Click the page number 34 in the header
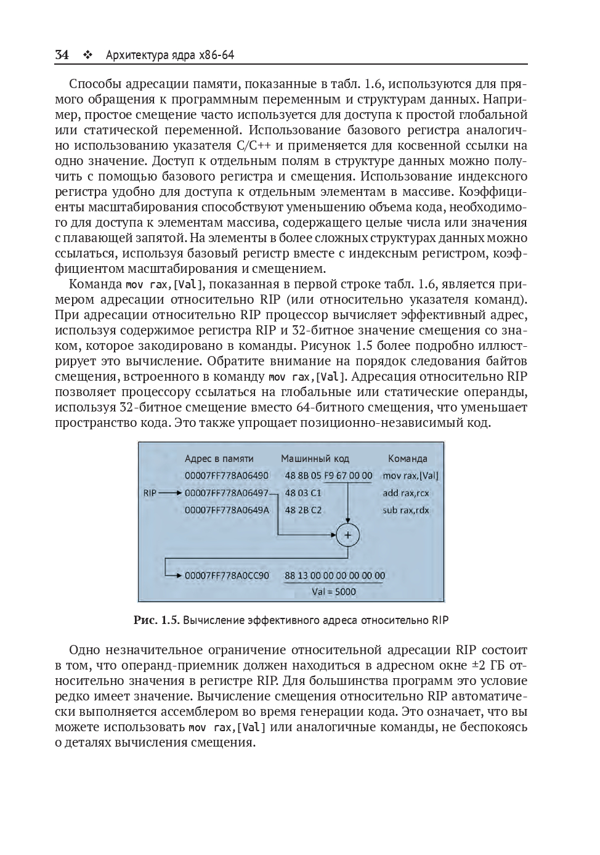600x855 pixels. click(62, 55)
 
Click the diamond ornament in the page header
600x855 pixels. click(87, 55)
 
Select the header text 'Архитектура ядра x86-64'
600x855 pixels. click(170, 55)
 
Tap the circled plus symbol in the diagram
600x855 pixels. click(347, 535)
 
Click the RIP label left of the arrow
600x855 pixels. click(150, 493)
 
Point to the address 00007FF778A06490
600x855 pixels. click(227, 476)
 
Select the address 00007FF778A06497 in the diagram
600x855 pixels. click(227, 493)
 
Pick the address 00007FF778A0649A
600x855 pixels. click(227, 510)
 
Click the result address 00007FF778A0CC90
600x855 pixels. click(227, 576)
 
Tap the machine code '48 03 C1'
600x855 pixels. click(303, 493)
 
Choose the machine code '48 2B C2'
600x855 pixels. click(303, 510)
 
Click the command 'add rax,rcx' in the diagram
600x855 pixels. click(406, 493)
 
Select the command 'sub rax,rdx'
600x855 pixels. click(406, 510)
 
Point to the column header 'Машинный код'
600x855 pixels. click(315, 458)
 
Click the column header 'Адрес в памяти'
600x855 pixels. click(219, 458)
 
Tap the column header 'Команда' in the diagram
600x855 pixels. click(407, 458)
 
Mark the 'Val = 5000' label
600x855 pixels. click(334, 592)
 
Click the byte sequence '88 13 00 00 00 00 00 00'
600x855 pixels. click(334, 576)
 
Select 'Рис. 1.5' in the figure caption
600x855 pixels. click(156, 620)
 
